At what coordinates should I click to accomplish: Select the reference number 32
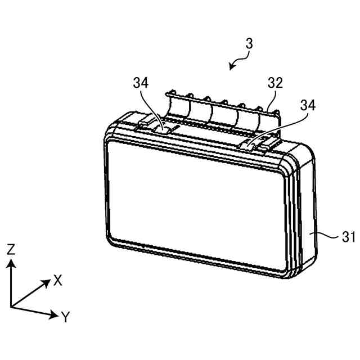(x=275, y=83)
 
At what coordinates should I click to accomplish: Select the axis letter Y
(x=65, y=318)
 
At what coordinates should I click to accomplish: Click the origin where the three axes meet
(x=11, y=307)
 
